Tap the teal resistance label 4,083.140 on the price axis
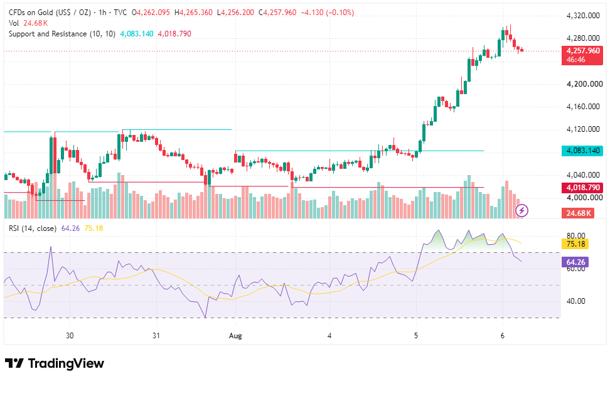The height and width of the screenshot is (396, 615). (x=582, y=151)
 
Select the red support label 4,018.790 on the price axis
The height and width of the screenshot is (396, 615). (x=582, y=188)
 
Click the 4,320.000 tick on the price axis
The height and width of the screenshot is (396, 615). (x=583, y=16)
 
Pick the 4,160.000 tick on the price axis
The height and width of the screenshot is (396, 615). (x=583, y=107)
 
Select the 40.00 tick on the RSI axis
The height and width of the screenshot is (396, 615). (x=576, y=301)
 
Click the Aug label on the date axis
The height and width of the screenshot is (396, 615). (x=235, y=336)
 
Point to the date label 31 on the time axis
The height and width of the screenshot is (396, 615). (x=156, y=336)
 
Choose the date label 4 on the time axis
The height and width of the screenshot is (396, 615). (x=329, y=336)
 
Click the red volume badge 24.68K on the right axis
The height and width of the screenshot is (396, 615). (x=578, y=213)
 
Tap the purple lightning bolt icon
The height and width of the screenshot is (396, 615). (x=521, y=211)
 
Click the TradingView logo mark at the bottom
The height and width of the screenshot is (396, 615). (x=14, y=363)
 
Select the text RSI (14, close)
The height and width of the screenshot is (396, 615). (x=33, y=228)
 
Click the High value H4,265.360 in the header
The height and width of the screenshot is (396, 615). (x=193, y=13)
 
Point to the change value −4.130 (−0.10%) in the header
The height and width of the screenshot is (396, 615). (x=327, y=13)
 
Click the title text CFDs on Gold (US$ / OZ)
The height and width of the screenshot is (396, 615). (x=50, y=13)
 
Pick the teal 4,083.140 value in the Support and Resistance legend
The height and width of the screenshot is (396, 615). (x=137, y=34)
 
